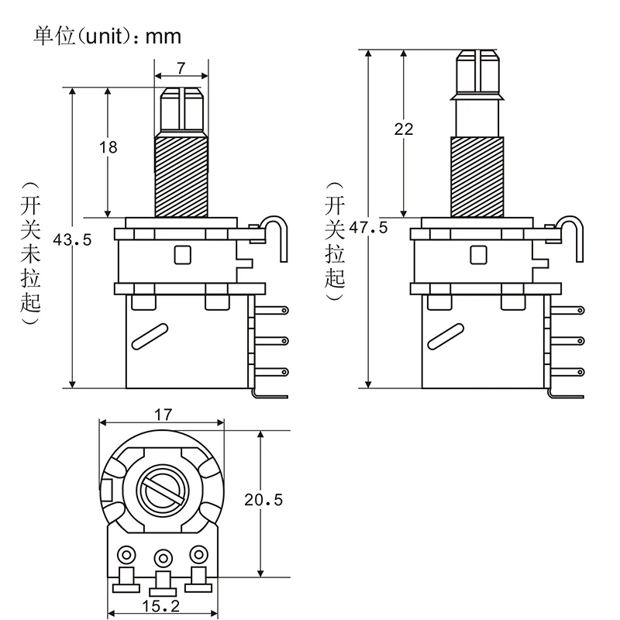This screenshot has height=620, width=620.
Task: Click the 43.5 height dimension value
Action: (71, 240)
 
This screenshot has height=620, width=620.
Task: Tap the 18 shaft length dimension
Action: (108, 147)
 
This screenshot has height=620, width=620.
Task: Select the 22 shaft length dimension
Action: (404, 129)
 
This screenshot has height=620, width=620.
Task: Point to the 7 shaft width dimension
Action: (181, 68)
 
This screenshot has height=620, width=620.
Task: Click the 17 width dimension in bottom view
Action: (162, 414)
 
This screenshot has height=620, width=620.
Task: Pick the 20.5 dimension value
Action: (261, 501)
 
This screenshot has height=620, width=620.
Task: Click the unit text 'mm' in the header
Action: (163, 36)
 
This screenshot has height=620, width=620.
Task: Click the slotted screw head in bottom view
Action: (162, 492)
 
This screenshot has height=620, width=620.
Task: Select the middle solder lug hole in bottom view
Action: (162, 557)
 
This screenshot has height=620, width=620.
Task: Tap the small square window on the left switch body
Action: (184, 255)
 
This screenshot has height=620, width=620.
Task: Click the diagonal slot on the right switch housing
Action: (443, 334)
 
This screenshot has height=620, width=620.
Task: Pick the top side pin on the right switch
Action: (573, 310)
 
